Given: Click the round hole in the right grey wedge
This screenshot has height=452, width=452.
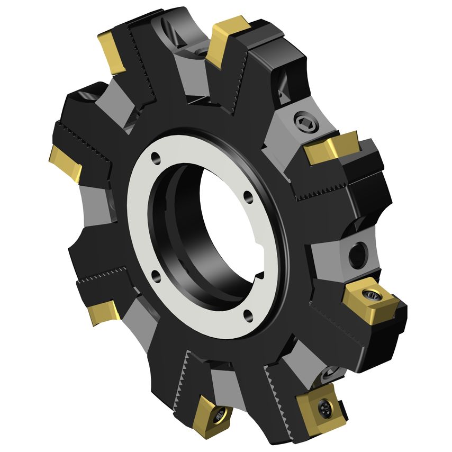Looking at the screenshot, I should coord(358,254).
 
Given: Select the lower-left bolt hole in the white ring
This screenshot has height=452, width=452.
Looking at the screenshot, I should coord(154,274).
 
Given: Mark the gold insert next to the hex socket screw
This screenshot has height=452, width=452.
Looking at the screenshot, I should coord(332,147).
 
